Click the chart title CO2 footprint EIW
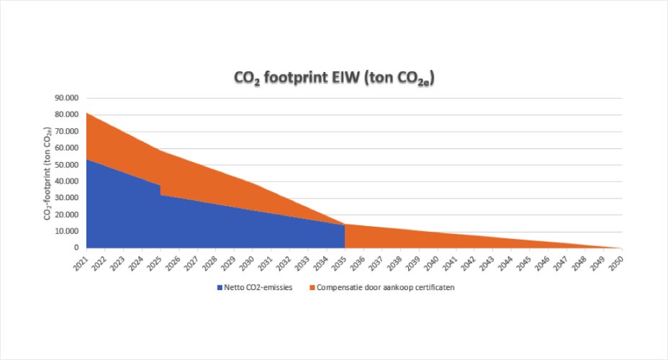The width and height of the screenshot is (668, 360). (333, 78)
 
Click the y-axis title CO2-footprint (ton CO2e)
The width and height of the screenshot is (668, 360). (47, 173)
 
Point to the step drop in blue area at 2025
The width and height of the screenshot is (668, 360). (161, 190)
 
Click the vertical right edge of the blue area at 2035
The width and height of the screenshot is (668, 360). (345, 236)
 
